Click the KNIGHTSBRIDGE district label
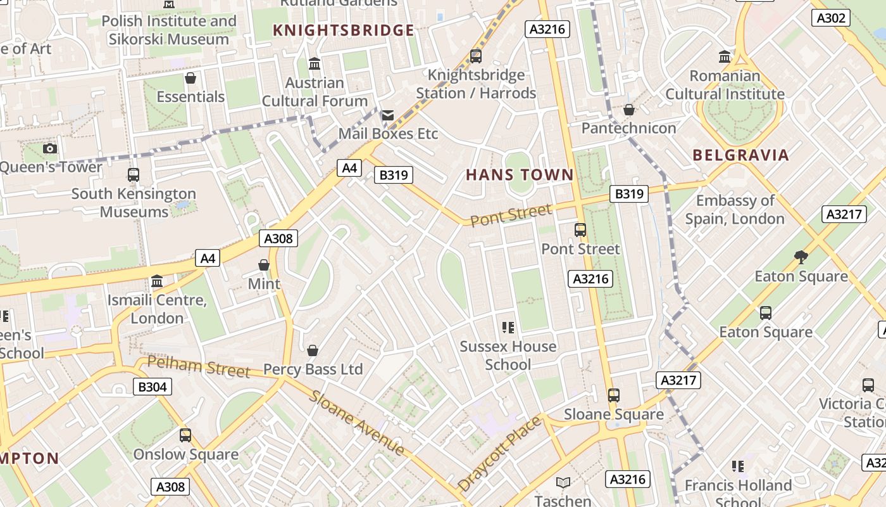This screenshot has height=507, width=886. pyautogui.click(x=344, y=30)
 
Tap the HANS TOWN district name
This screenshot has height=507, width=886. pyautogui.click(x=520, y=175)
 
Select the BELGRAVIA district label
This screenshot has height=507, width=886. pyautogui.click(x=740, y=155)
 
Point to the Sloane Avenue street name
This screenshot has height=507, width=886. pyautogui.click(x=358, y=423)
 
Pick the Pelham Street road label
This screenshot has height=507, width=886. pyautogui.click(x=199, y=366)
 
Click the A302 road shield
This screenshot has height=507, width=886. pyautogui.click(x=831, y=18)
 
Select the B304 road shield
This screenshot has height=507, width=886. pyautogui.click(x=153, y=387)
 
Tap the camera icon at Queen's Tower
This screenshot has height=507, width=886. pyautogui.click(x=50, y=149)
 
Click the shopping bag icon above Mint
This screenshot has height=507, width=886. pyautogui.click(x=264, y=265)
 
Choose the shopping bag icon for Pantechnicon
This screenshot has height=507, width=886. pyautogui.click(x=628, y=110)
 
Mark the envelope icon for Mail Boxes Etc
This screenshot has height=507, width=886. pyautogui.click(x=387, y=115)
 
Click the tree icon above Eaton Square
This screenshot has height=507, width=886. pyautogui.click(x=801, y=257)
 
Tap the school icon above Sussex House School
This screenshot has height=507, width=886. pyautogui.click(x=508, y=328)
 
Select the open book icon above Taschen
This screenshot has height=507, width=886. pyautogui.click(x=563, y=483)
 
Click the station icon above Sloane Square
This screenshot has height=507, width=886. pyautogui.click(x=613, y=395)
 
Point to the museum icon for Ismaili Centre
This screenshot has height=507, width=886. pyautogui.click(x=157, y=281)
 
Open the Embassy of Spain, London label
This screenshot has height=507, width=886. pyautogui.click(x=735, y=210)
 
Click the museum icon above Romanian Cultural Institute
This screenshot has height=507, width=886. pyautogui.click(x=725, y=57)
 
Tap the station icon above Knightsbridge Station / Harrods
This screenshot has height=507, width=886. pyautogui.click(x=475, y=56)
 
